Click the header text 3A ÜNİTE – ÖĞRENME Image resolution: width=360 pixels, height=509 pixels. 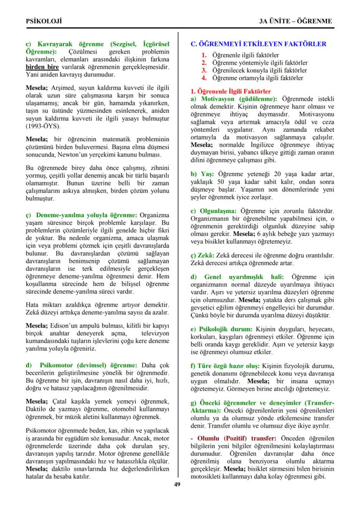tap(296, 20)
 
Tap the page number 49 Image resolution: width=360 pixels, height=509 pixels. tap(177, 485)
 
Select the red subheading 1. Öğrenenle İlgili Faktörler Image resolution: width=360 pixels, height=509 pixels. tap(231, 92)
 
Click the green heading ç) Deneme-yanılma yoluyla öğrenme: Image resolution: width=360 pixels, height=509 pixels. tap(82, 215)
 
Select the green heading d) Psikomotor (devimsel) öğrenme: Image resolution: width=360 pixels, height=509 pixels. tap(82, 365)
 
